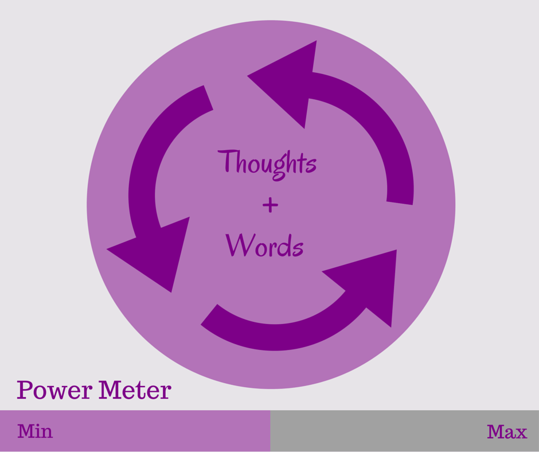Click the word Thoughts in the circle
pyautogui.click(x=267, y=163)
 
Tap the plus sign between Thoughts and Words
pyautogui.click(x=269, y=205)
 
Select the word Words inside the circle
pyautogui.click(x=264, y=245)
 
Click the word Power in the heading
pyautogui.click(x=55, y=390)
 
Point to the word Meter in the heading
pyautogui.click(x=135, y=390)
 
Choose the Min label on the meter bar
pyautogui.click(x=35, y=431)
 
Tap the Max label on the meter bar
pyautogui.click(x=507, y=431)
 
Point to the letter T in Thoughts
pyautogui.click(x=228, y=161)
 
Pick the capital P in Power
pyautogui.click(x=25, y=390)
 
